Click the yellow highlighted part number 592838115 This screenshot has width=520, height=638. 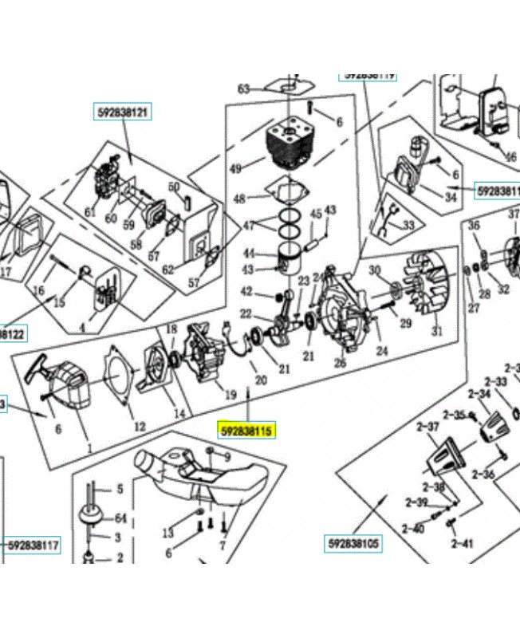(246, 431)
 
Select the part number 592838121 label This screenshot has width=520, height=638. (122, 112)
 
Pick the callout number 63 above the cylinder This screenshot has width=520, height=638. (244, 89)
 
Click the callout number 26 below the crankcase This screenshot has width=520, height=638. (341, 364)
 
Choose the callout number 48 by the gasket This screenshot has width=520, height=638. (239, 199)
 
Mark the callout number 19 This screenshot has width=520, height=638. (230, 394)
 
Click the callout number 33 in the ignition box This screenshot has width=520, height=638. (408, 226)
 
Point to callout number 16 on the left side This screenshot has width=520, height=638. (37, 290)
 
